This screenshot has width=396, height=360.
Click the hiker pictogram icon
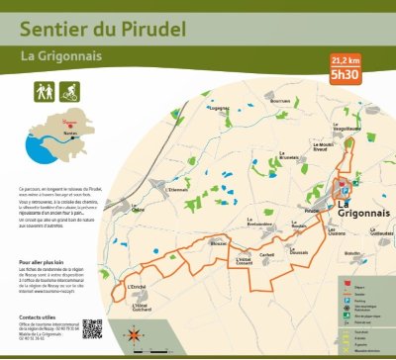pos(43,90)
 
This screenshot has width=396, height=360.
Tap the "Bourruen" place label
pos(279,101)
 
